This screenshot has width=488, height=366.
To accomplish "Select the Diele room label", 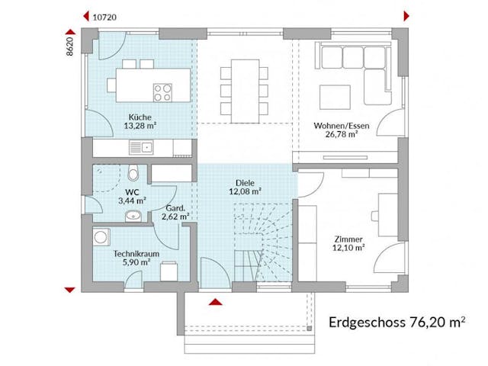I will (x=244, y=182).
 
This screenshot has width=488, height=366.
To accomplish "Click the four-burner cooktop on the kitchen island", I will (x=162, y=92).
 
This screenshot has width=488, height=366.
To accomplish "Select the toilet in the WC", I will (x=133, y=172).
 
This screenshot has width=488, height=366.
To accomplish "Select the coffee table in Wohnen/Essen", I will (x=335, y=96).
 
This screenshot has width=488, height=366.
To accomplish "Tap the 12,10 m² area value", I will (x=348, y=247).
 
